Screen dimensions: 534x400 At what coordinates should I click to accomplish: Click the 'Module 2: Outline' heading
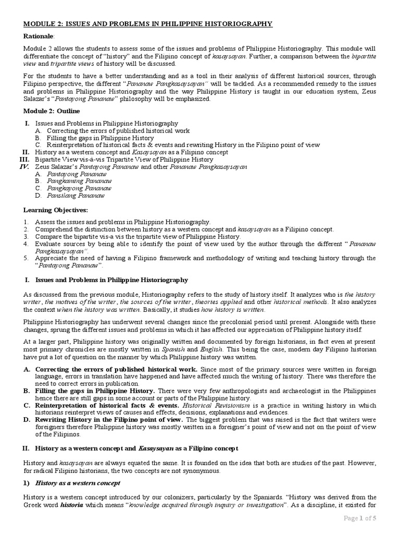(52, 111)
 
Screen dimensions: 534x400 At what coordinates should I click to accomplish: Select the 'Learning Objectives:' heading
(56, 210)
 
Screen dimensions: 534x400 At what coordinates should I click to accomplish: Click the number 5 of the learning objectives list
(26, 258)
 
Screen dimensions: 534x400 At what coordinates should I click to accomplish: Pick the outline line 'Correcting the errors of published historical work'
(118, 130)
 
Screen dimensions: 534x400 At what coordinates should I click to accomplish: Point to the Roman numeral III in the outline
(23, 159)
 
